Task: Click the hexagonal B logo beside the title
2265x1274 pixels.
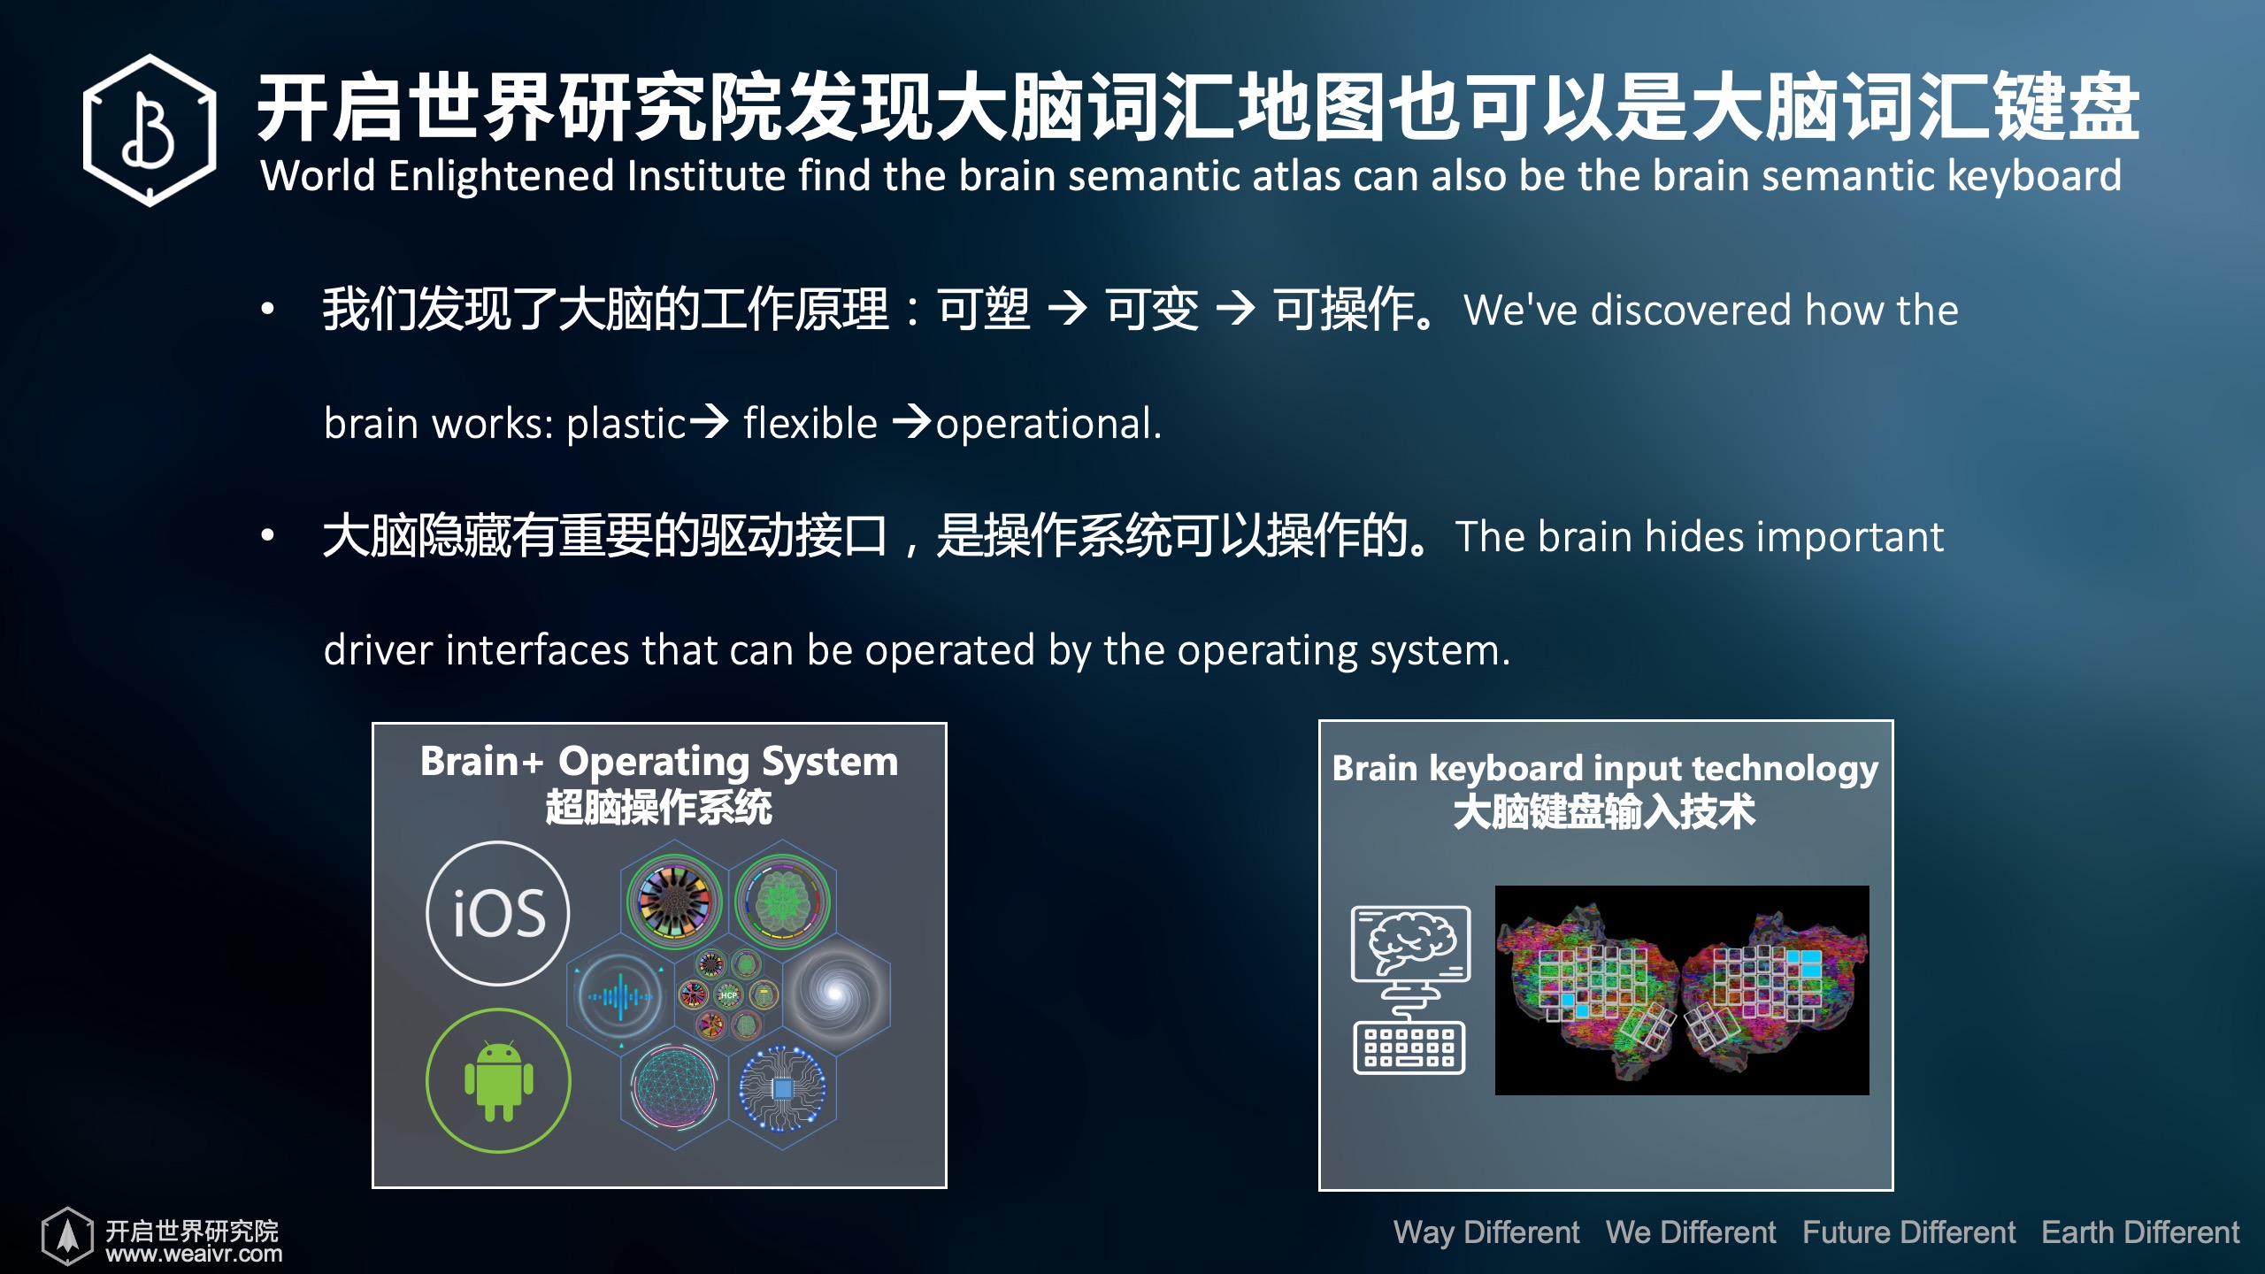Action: [x=150, y=130]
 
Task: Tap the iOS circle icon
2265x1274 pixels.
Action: [x=498, y=913]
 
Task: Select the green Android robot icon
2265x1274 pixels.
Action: [x=498, y=1080]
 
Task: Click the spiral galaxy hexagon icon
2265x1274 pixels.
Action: [x=835, y=993]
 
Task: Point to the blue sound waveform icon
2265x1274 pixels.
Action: [x=621, y=997]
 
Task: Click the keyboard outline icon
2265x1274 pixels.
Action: [x=1409, y=1048]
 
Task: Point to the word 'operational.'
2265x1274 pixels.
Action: [x=1048, y=425]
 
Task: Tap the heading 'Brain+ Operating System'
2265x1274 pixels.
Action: [x=659, y=763]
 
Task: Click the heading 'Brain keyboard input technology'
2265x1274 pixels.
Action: [x=1605, y=768]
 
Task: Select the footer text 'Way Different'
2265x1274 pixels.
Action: [x=1486, y=1232]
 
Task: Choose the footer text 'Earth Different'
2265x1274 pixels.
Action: [x=2140, y=1232]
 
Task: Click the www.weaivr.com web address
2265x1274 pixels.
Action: [x=194, y=1254]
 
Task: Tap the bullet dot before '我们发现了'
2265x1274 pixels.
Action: [x=267, y=309]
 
